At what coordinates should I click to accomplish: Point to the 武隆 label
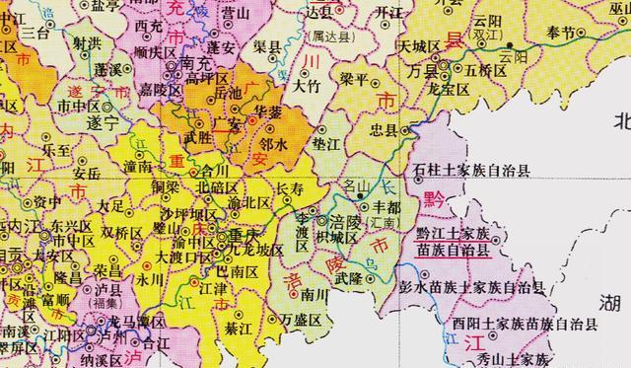tap(348, 279)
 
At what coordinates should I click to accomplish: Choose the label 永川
tap(151, 279)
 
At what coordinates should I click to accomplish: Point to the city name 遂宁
tap(100, 126)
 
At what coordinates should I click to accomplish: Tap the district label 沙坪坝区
tap(187, 214)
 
